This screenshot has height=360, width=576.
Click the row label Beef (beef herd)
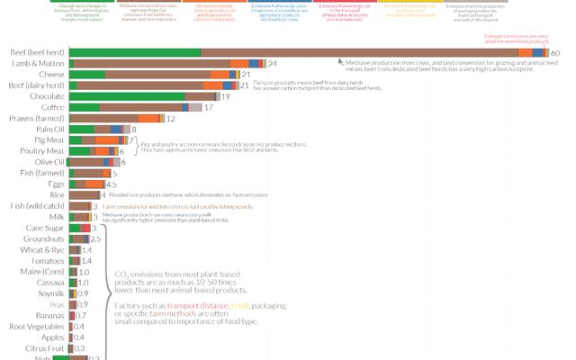pyautogui.click(x=37, y=53)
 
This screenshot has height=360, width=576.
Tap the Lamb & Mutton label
pyautogui.click(x=38, y=65)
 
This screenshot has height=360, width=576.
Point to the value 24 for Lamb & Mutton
pyautogui.click(x=272, y=65)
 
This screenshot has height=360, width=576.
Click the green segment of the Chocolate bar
pyautogui.click(x=127, y=96)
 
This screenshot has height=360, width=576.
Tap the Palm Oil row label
pyautogui.click(x=49, y=130)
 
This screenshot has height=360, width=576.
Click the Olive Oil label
pyautogui.click(x=49, y=162)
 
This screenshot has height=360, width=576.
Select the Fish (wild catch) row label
pyautogui.click(x=36, y=206)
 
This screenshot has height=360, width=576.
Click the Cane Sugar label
pyautogui.click(x=44, y=228)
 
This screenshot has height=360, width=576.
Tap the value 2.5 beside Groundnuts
pyautogui.click(x=95, y=238)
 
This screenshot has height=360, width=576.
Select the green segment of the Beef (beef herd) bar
pyautogui.click(x=134, y=53)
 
